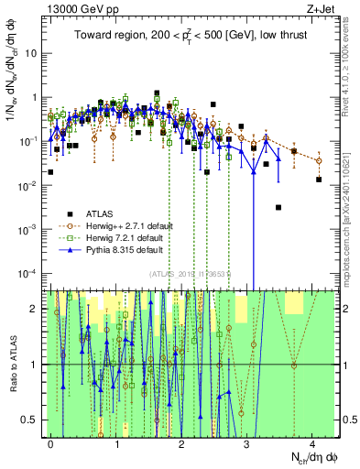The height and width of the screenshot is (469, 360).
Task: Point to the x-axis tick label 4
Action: point(312,443)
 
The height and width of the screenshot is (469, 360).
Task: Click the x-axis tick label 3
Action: point(247,443)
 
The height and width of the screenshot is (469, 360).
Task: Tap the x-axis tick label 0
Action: point(51,443)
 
